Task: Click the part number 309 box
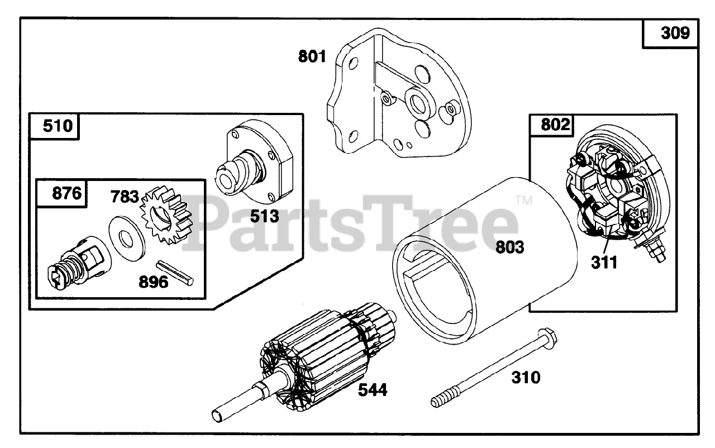[675, 34]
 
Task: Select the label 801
[312, 56]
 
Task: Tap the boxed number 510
[58, 126]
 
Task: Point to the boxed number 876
[66, 193]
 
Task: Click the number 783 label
[125, 196]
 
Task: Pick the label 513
[264, 216]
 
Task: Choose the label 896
[153, 282]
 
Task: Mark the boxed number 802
[556, 125]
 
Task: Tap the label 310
[526, 378]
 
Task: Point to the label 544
[373, 389]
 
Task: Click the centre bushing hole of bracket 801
[417, 102]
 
